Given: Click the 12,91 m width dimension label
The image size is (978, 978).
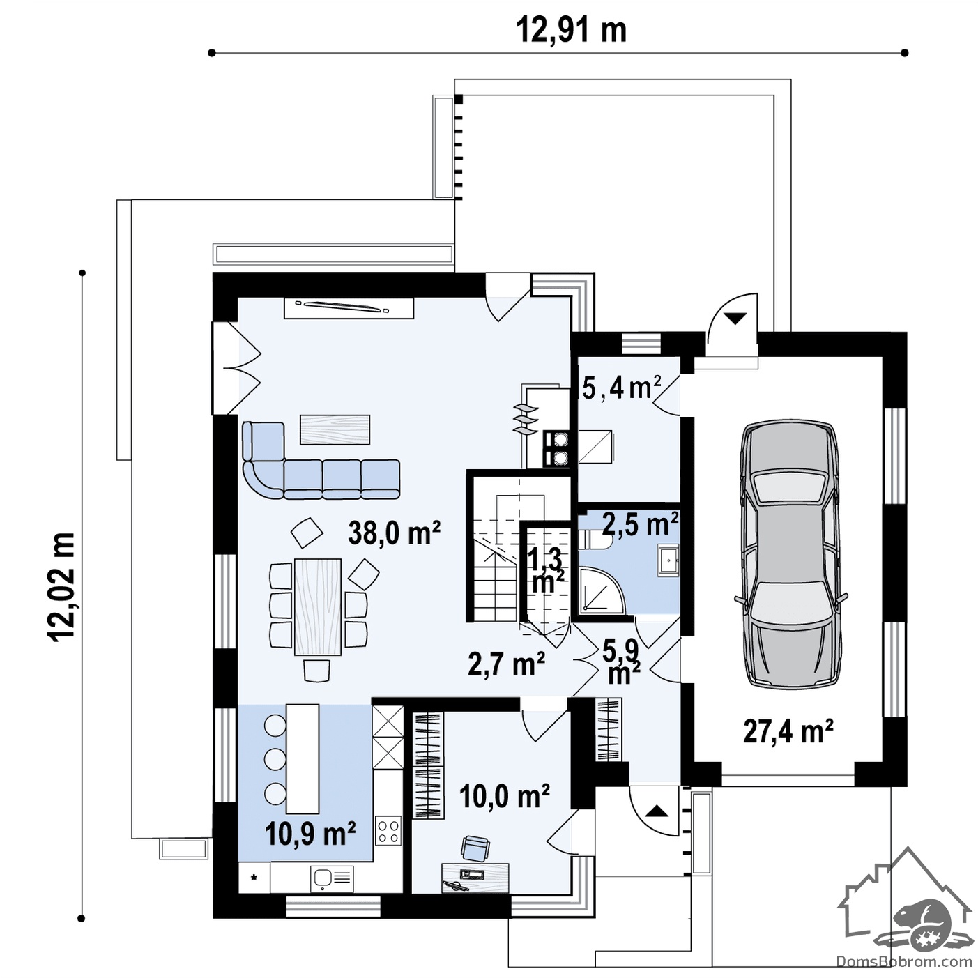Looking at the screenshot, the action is (x=571, y=31).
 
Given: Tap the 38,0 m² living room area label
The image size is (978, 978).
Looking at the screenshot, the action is (x=395, y=533).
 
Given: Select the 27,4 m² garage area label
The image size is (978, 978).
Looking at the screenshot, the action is (x=788, y=731).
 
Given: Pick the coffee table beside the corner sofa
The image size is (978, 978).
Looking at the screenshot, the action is (x=335, y=429).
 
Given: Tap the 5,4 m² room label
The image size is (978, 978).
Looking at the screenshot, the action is (x=622, y=388).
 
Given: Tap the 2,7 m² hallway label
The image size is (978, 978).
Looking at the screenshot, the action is (x=506, y=664).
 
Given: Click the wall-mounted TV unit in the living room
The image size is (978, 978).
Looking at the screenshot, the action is (x=349, y=308).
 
